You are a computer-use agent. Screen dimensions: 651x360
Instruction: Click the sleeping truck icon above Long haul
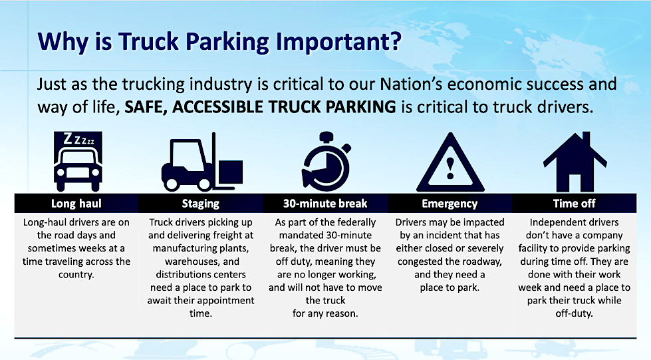78,161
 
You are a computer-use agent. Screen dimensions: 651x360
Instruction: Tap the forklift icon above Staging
201,162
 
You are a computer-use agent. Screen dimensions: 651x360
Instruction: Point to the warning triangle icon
450,162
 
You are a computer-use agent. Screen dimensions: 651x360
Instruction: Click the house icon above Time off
575,162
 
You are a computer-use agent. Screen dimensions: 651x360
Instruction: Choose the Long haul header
76,203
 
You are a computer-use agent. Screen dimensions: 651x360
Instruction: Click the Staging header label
201,204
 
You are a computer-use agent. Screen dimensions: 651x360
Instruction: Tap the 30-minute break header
325,203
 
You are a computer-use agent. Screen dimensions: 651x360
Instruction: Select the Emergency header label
450,204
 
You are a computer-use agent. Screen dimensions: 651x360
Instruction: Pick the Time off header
574,203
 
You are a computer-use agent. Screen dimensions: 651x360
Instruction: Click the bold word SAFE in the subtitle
146,107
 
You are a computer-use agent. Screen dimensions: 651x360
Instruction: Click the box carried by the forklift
231,172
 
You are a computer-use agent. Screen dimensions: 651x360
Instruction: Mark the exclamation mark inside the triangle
450,168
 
